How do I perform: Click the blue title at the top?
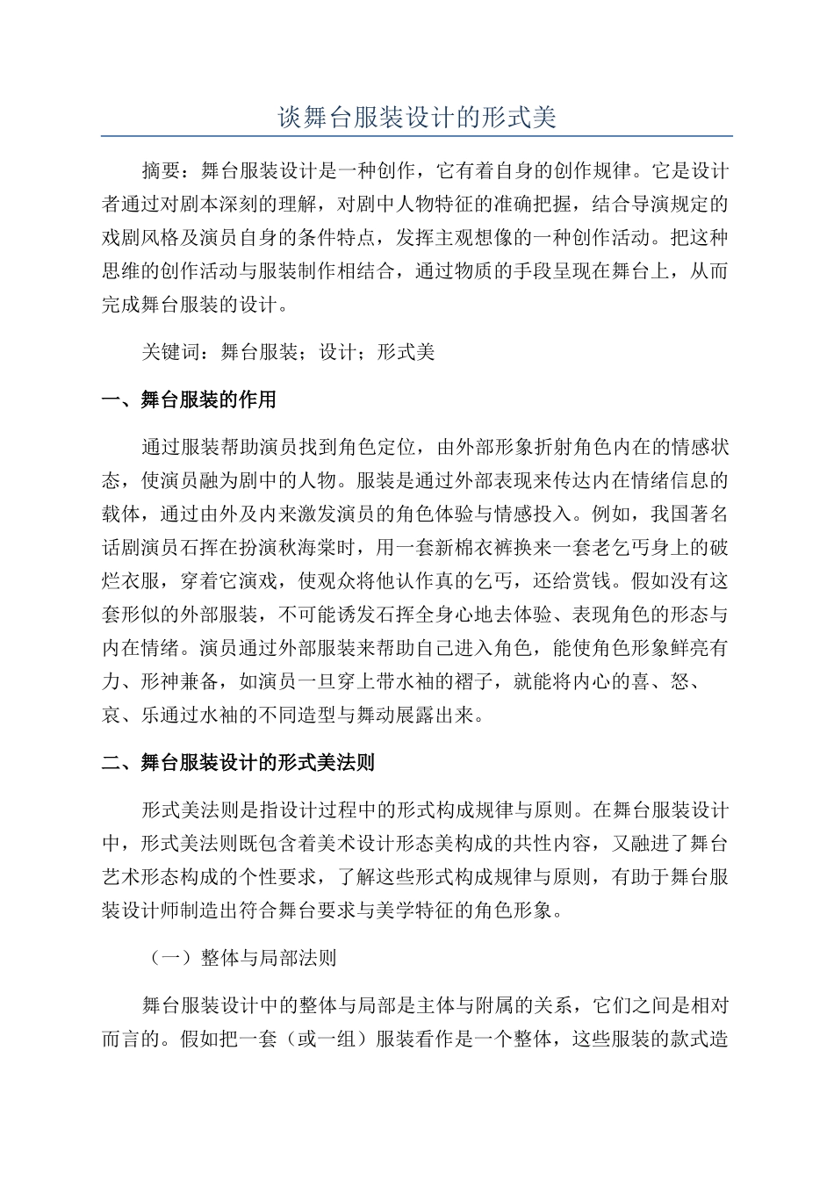417,118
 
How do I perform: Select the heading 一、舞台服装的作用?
189,400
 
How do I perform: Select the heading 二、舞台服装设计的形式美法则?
238,763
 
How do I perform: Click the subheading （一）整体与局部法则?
239,958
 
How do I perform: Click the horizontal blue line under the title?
417,136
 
